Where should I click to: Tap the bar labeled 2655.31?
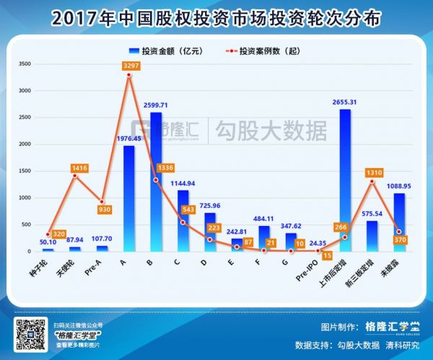pyautogui.click(x=345, y=180)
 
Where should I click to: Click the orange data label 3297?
pyautogui.click(x=131, y=65)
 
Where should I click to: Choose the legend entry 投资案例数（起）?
pyautogui.click(x=263, y=51)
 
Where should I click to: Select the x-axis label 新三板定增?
pyautogui.click(x=367, y=271)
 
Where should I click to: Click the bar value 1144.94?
pyautogui.click(x=183, y=183)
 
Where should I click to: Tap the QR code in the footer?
pyautogui.click(x=30, y=335)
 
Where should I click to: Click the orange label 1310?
pyautogui.click(x=372, y=173)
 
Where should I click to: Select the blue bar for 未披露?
pyautogui.click(x=399, y=221)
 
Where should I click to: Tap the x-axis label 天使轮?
pyautogui.click(x=73, y=268)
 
